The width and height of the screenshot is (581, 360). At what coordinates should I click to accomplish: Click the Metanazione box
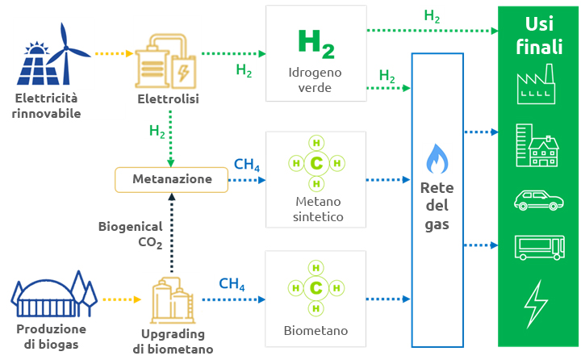pyautogui.click(x=171, y=179)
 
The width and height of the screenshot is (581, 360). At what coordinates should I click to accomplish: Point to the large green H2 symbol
pyautogui.click(x=316, y=44)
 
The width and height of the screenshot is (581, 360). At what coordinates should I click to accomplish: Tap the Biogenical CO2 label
pyautogui.click(x=130, y=234)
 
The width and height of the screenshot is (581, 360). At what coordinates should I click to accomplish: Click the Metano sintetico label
pyautogui.click(x=316, y=209)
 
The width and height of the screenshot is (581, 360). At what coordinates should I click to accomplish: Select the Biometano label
pyautogui.click(x=316, y=331)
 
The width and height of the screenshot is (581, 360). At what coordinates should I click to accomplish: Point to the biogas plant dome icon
pyautogui.click(x=49, y=297)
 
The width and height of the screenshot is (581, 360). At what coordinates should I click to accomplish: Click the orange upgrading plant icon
pyautogui.click(x=172, y=299)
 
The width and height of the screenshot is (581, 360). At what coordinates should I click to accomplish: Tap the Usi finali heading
pyautogui.click(x=539, y=35)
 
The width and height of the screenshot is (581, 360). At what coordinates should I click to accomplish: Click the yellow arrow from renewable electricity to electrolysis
pyautogui.click(x=113, y=54)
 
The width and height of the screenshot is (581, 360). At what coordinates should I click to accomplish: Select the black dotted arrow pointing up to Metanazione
pyautogui.click(x=171, y=234)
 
